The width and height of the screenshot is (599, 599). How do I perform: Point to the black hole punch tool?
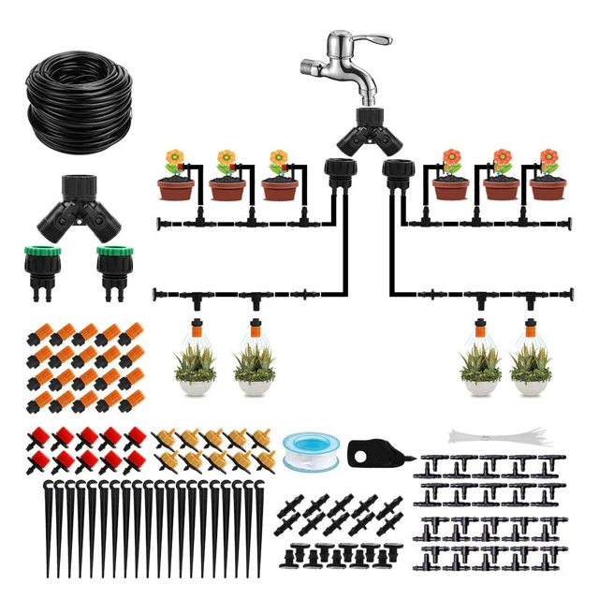pyautogui.click(x=374, y=453)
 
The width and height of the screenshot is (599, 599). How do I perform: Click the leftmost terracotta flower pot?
pyautogui.click(x=175, y=188)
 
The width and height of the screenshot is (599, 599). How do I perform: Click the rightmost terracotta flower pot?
pyautogui.click(x=548, y=188)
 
